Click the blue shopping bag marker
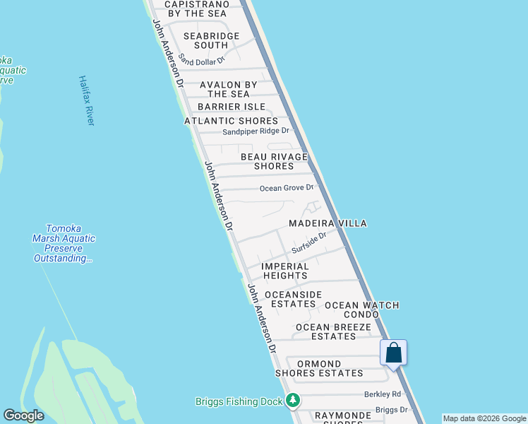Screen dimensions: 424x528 [x=393, y=352]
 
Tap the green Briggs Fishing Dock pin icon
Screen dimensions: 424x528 [x=293, y=401]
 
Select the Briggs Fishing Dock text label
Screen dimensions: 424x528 [x=239, y=401]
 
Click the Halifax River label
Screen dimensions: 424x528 [x=86, y=101]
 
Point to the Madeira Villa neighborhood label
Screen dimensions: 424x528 [x=328, y=223]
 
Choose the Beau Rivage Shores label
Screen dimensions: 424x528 [x=274, y=161]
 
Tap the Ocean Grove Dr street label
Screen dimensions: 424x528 [x=286, y=188]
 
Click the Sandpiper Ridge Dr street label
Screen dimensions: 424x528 [x=256, y=131]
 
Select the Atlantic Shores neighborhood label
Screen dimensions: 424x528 [x=232, y=121]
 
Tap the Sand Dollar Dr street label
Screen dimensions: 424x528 [x=201, y=60]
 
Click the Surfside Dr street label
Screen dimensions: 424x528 [x=309, y=244]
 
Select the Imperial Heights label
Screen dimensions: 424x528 [x=285, y=271]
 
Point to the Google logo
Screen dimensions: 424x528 [x=23, y=416]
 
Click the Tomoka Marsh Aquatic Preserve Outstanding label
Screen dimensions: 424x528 [x=64, y=243]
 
